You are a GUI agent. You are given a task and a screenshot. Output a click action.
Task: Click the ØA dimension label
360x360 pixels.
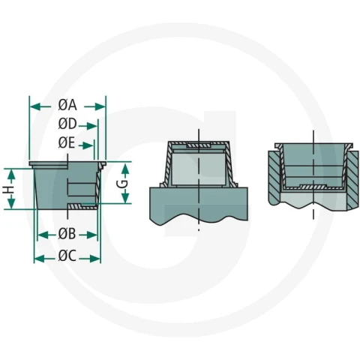point(67,105)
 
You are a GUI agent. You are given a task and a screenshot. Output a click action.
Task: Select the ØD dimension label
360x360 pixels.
point(67,124)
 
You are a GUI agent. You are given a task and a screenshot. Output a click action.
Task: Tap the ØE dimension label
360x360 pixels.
point(67,143)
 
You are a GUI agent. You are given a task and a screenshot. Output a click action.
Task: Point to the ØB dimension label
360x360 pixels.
point(67,234)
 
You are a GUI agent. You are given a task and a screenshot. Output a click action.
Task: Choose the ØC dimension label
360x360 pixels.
point(67,256)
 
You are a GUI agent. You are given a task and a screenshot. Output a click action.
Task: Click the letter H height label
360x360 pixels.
point(9,190)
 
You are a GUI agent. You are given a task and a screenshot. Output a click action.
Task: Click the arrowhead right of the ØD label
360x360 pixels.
point(92,126)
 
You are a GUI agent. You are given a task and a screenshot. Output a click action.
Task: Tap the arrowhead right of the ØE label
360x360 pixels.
point(88,145)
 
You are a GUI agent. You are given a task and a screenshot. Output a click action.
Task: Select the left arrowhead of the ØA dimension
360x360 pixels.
point(35,107)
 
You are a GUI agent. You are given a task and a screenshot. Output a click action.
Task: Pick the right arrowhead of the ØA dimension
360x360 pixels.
point(100,107)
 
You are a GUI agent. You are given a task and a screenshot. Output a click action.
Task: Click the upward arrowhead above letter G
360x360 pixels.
point(125,169)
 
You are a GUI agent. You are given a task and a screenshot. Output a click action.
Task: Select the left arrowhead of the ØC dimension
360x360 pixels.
point(40,259)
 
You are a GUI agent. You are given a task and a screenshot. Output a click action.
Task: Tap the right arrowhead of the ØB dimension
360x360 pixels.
point(91,235)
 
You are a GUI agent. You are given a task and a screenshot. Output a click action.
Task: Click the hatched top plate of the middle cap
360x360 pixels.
point(199,145)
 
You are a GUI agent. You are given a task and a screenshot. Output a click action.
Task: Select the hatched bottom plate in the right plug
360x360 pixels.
point(313,187)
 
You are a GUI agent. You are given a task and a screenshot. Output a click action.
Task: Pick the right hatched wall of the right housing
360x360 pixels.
point(352,181)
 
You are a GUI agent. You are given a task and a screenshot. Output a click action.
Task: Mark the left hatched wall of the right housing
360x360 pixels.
point(274,178)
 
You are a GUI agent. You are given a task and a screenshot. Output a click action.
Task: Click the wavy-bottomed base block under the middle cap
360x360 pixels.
point(199,205)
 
